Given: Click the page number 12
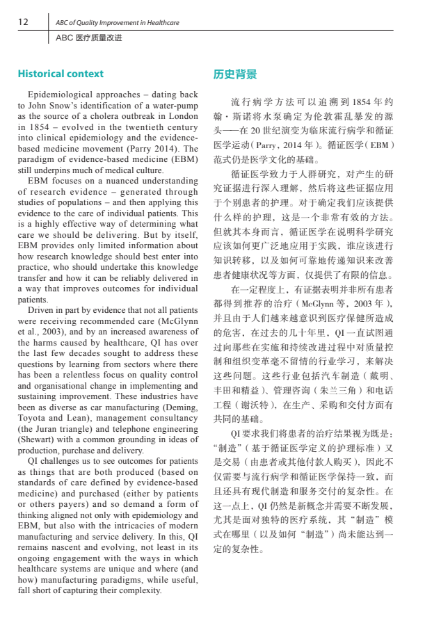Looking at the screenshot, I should [x=23, y=22].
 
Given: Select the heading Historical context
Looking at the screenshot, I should [x=61, y=74].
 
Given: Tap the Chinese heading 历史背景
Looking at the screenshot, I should [x=234, y=74].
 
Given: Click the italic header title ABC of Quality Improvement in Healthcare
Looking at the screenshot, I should [x=118, y=22].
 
